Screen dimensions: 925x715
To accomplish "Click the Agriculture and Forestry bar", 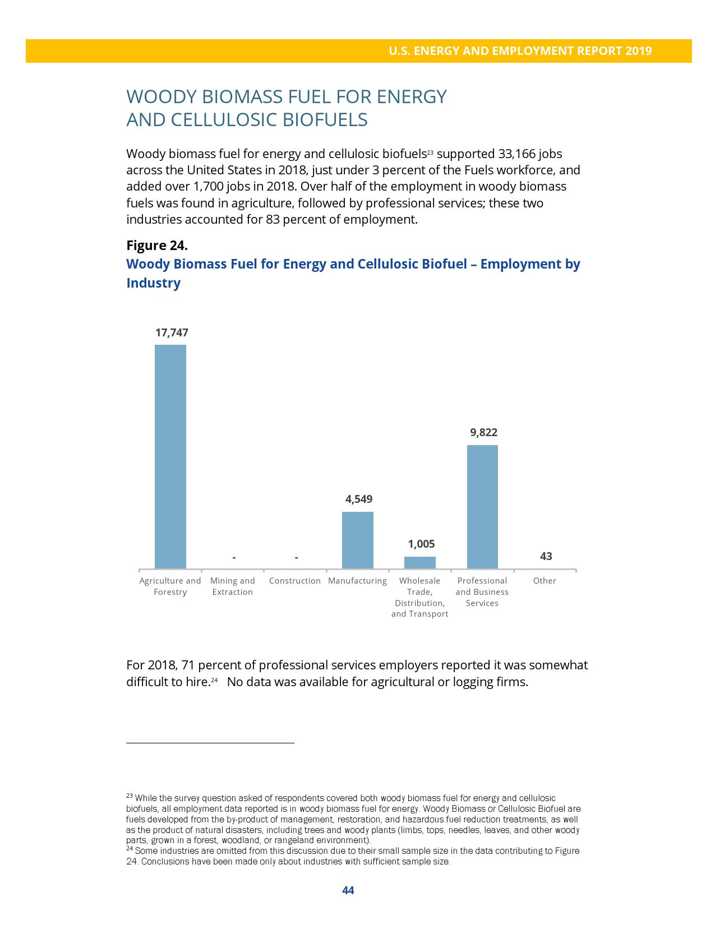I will (170, 456).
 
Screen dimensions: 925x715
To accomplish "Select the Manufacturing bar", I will (357, 540).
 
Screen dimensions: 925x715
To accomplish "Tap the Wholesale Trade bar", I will (419, 562).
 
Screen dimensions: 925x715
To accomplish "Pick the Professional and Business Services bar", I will (482, 507).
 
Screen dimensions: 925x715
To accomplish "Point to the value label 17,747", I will (172, 332).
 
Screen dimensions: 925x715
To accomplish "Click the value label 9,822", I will (483, 432).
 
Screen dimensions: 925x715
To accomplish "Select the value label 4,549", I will (359, 499).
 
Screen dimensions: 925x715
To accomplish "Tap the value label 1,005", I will (421, 544).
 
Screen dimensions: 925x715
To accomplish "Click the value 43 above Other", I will (546, 556).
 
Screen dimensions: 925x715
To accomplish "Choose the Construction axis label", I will (295, 581).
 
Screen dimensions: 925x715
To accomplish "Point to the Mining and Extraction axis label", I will (232, 586).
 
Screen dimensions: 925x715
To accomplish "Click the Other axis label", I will (545, 581).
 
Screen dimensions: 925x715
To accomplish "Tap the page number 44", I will (348, 890).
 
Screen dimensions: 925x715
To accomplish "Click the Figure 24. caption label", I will (157, 246).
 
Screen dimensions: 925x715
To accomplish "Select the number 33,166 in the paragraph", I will (519, 154).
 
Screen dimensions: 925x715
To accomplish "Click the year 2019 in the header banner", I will (639, 51).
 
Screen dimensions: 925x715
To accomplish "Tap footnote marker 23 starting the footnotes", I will (129, 796).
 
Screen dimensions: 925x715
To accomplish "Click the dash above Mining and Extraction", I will (234, 557).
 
